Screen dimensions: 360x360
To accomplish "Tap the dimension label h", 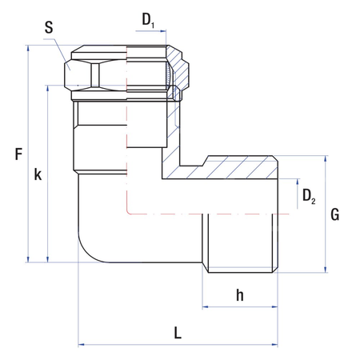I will (239, 294).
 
